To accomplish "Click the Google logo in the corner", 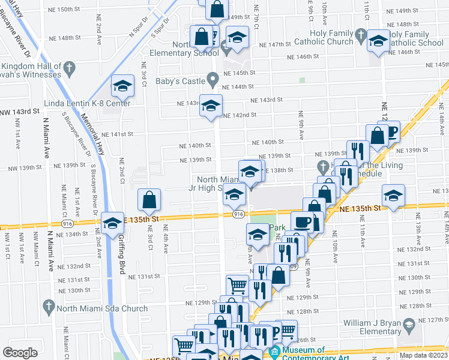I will click(x=20, y=353).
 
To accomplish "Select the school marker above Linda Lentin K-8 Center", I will click(x=122, y=86).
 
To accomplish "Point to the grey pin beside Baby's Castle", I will click(x=212, y=79).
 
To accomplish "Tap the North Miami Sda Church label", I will click(x=103, y=309).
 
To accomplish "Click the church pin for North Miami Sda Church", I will click(x=50, y=309).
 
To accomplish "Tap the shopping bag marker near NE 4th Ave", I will click(x=149, y=200).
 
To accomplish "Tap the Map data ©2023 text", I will click(x=423, y=355).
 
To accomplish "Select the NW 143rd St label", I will click(x=19, y=112).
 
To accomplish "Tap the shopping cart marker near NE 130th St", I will click(x=238, y=286).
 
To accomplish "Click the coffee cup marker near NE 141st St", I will click(x=391, y=131).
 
